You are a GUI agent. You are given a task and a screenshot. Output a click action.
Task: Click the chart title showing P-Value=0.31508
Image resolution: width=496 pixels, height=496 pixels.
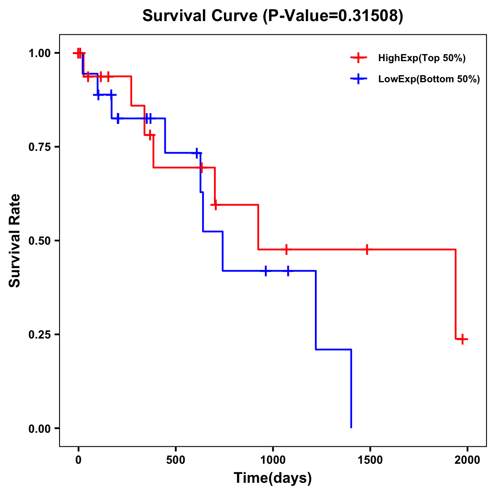coord(272,16)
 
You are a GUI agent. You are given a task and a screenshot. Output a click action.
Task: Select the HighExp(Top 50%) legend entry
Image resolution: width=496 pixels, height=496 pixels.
coord(422,58)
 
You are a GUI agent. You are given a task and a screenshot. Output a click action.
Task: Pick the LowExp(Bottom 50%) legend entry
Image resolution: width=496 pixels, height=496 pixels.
coord(429,79)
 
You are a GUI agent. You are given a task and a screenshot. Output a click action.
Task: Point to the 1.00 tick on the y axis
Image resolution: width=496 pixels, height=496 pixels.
coord(39,53)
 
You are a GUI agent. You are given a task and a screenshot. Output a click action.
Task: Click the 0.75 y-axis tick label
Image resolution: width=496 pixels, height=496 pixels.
coord(39,147)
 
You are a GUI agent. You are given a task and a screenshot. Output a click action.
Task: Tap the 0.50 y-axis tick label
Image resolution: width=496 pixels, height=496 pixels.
coord(39,241)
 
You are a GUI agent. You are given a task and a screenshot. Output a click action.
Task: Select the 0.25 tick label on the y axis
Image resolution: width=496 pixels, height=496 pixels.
coord(39,335)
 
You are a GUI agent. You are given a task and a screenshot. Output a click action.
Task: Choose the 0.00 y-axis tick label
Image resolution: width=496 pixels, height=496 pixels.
coord(39,429)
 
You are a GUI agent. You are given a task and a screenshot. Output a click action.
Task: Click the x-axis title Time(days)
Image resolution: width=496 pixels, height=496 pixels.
coord(273,478)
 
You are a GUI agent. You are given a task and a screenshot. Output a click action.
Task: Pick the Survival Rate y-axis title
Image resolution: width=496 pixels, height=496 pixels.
coord(15,241)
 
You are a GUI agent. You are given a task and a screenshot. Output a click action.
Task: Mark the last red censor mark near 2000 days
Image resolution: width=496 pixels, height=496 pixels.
coord(463,339)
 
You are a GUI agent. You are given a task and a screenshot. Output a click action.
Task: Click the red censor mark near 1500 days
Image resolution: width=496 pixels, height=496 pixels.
coord(367,249)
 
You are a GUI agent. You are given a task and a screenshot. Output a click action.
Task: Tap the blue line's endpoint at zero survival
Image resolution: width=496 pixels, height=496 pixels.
coord(351,427)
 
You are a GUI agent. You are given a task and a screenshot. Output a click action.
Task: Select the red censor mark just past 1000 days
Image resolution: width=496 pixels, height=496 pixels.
coord(286,249)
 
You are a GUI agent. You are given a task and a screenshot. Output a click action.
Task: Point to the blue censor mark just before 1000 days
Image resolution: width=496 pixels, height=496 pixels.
coord(266,271)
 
